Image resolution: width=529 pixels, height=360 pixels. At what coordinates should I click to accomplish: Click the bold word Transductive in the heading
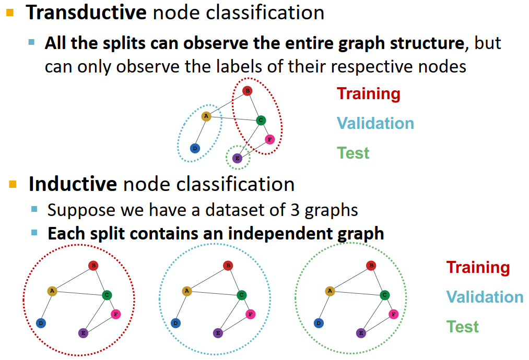coord(87,13)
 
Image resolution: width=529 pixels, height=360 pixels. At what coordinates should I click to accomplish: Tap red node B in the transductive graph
coord(248,91)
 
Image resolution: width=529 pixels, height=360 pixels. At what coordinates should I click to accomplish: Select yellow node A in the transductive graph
coord(206,116)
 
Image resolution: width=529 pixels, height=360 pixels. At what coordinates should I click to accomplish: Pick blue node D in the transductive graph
coord(194,148)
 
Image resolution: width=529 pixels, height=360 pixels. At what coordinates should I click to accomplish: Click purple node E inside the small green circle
coord(237,158)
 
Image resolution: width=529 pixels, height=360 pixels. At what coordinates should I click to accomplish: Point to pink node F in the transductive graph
coord(269,139)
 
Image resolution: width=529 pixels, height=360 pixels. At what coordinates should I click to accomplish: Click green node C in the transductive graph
coord(261,121)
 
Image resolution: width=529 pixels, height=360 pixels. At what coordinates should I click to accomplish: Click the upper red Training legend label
coord(368,94)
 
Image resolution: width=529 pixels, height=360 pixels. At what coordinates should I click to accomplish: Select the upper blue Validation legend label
coord(375,124)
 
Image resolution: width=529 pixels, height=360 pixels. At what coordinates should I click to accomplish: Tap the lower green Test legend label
coord(462,327)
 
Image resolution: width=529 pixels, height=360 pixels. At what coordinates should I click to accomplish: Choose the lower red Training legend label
coord(477,268)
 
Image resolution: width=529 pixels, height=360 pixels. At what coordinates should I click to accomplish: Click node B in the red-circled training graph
coord(93,266)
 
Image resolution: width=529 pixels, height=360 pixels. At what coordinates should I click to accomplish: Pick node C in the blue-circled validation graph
coord(241,295)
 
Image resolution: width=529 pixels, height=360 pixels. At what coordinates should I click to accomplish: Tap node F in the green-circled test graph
coord(393,314)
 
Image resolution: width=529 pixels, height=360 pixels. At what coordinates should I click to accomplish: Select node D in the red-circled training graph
coord(41,323)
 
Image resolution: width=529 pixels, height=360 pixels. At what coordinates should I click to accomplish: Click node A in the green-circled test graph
coord(330,291)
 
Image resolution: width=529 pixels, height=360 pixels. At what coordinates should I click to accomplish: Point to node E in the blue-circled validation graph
coord(218,332)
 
